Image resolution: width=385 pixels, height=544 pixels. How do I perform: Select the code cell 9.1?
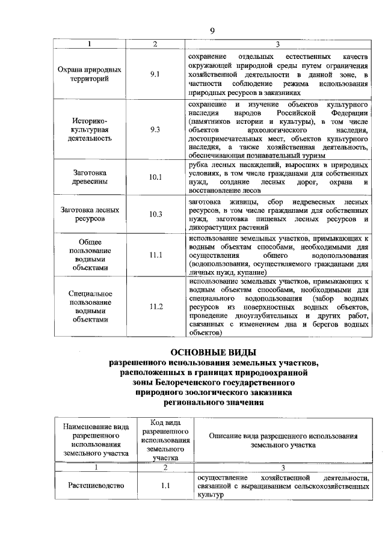(x=155, y=74)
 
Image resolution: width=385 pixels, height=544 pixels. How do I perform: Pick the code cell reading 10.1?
(x=155, y=177)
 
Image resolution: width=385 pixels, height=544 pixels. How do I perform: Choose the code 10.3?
(x=155, y=214)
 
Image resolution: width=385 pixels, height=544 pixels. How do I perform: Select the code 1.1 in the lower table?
(x=165, y=486)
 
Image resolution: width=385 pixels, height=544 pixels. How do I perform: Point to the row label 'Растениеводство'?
(x=96, y=486)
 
